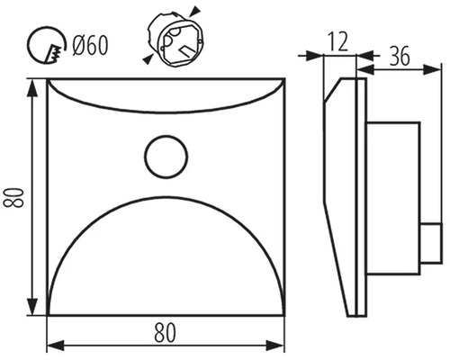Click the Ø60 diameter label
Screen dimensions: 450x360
[x=90, y=46]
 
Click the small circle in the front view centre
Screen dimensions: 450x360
[x=166, y=156]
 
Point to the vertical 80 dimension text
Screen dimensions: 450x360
[x=13, y=197]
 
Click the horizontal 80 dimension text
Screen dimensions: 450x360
[x=165, y=332]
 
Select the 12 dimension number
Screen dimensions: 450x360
[x=337, y=41]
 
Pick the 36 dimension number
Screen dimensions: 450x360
[x=400, y=56]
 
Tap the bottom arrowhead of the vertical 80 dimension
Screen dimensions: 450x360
[x=32, y=306]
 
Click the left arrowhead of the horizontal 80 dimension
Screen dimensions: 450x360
[x=56, y=345]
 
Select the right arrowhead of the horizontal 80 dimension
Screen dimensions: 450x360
[x=275, y=345]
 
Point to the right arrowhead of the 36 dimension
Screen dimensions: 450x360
[x=432, y=70]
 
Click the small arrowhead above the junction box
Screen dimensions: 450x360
[x=195, y=10]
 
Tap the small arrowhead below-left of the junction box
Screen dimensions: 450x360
[x=148, y=59]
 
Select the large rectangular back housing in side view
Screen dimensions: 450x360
[x=392, y=198]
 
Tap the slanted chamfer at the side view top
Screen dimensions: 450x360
[x=333, y=89]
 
